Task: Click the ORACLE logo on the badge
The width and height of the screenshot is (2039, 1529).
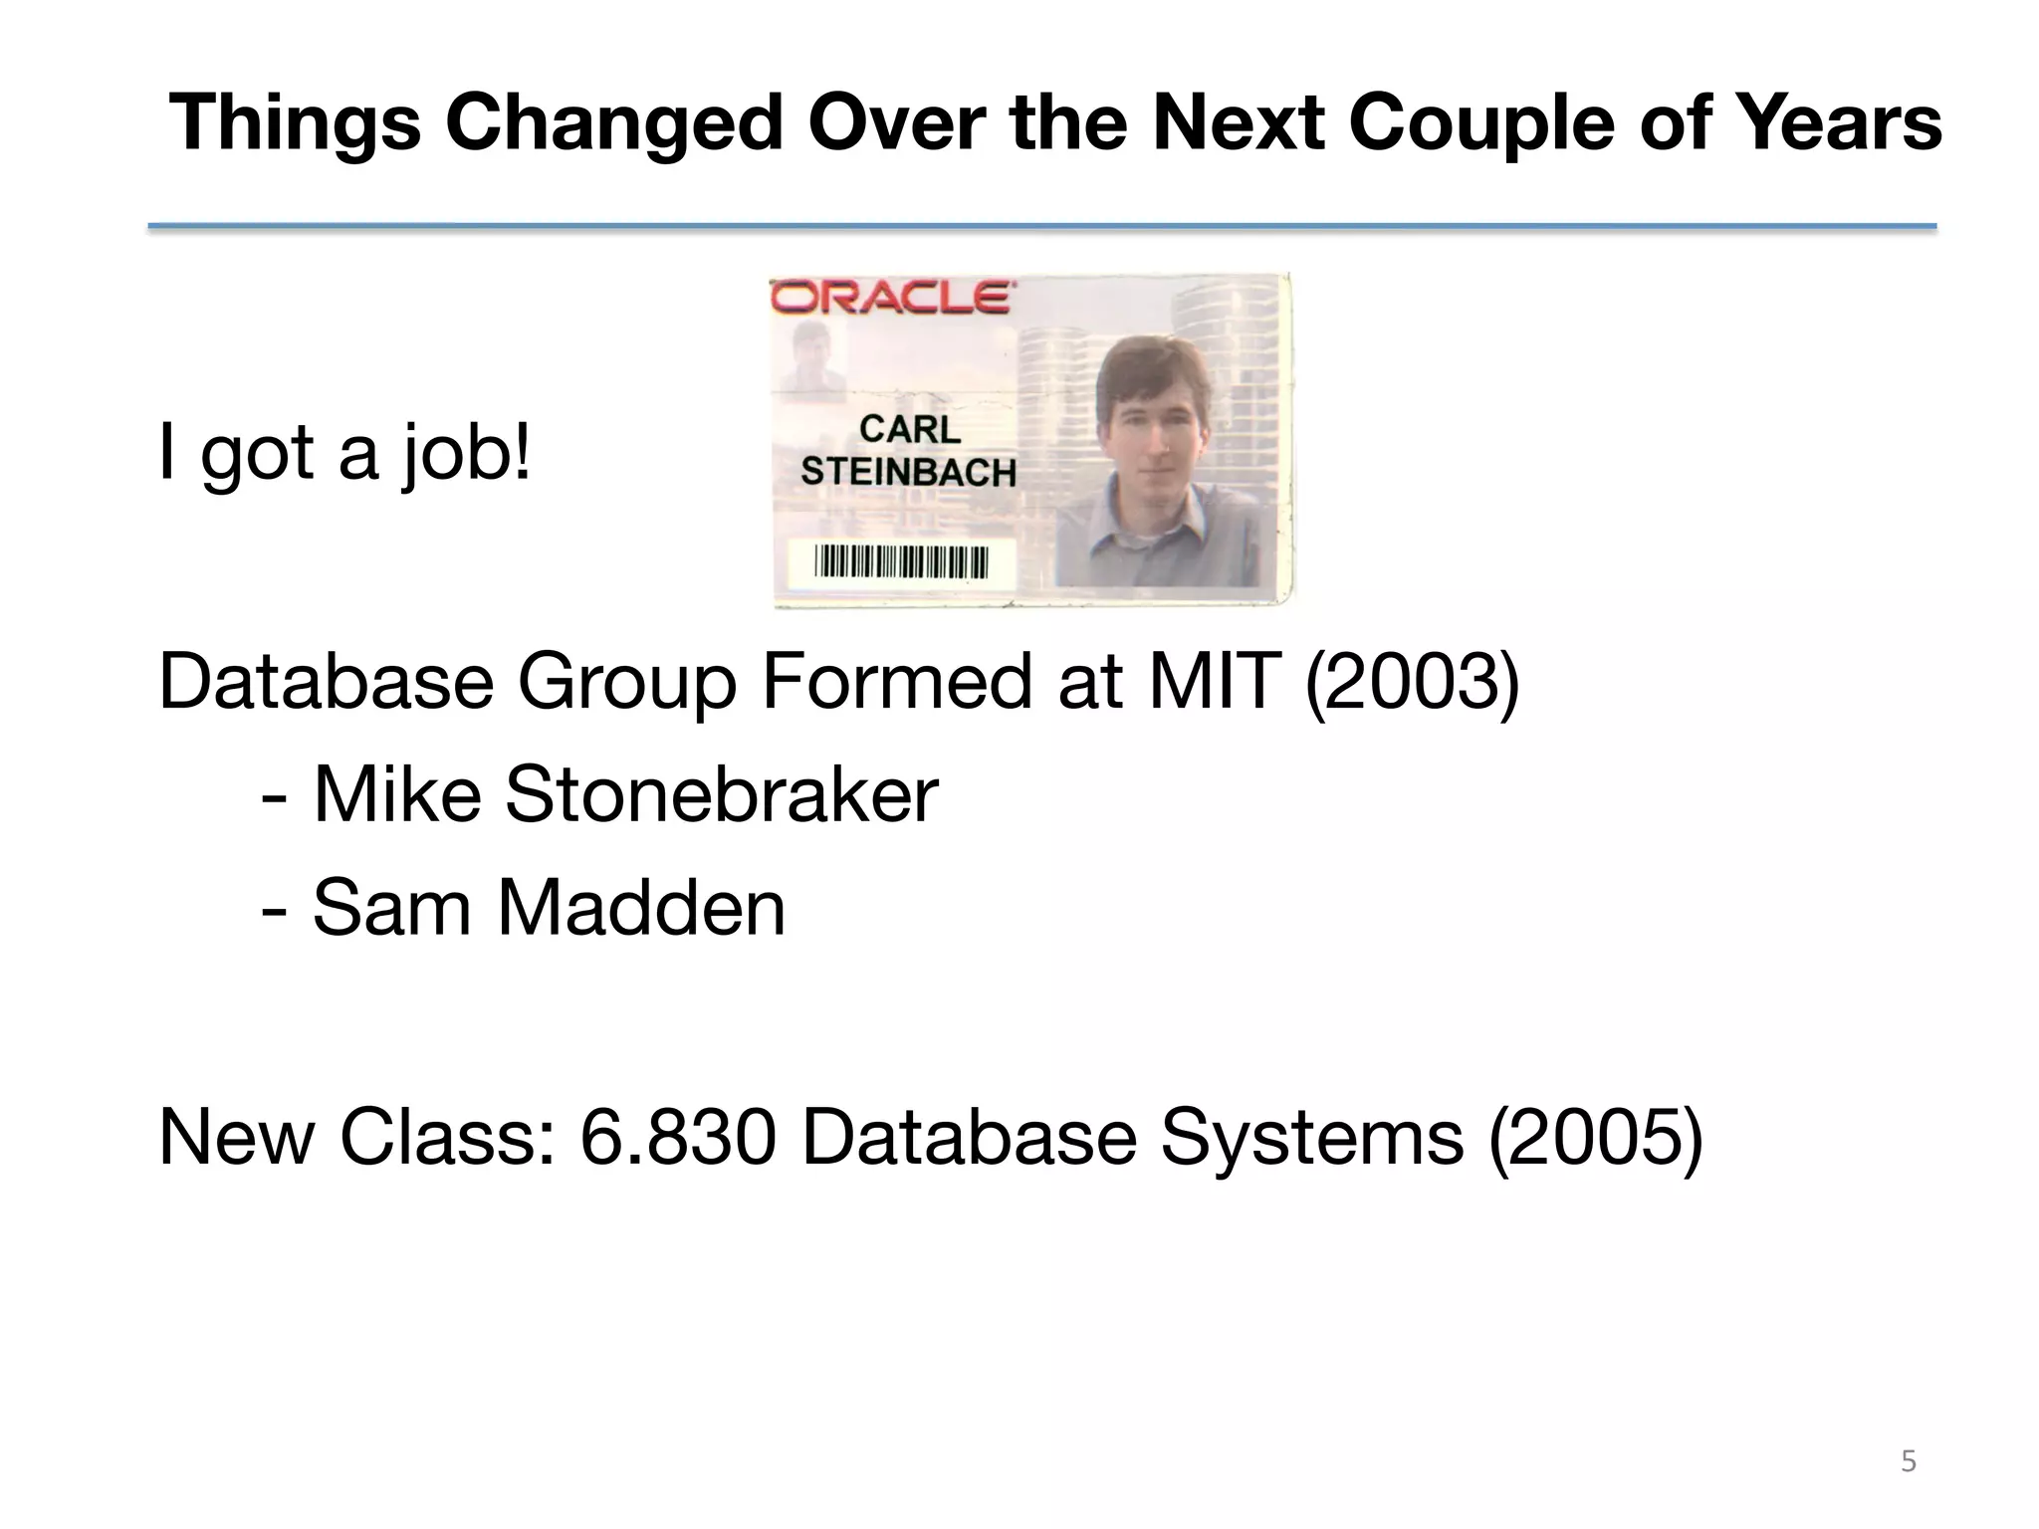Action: (893, 298)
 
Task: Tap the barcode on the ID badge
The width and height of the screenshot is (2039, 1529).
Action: (901, 561)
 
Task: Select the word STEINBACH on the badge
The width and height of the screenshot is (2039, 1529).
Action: (908, 472)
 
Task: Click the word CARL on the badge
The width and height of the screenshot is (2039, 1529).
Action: (909, 430)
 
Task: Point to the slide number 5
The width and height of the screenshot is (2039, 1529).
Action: (1908, 1461)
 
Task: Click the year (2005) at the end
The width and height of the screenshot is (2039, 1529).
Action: (1595, 1138)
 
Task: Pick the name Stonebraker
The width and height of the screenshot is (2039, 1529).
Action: (721, 795)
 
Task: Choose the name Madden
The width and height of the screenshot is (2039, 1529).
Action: (641, 908)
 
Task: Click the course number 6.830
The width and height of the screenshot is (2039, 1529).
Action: (677, 1138)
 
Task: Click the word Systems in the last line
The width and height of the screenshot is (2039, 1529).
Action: (1312, 1138)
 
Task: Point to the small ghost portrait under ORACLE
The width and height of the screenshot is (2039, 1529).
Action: (813, 356)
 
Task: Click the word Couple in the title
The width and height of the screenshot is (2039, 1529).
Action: (1480, 123)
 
